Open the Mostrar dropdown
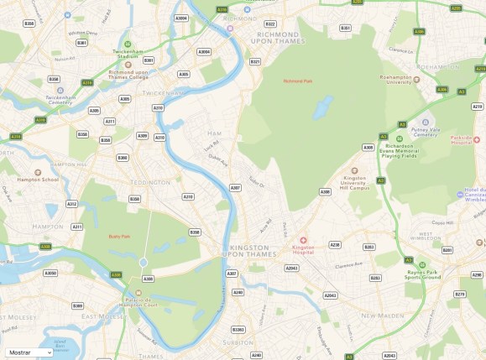click(29, 352)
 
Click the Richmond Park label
click(297, 81)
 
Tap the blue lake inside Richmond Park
click(321, 108)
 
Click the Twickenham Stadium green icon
click(128, 44)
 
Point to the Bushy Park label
click(121, 237)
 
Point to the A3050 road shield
click(50, 273)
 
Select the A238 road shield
click(335, 245)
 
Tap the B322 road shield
click(270, 24)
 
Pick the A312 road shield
click(72, 204)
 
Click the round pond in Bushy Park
click(143, 263)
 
